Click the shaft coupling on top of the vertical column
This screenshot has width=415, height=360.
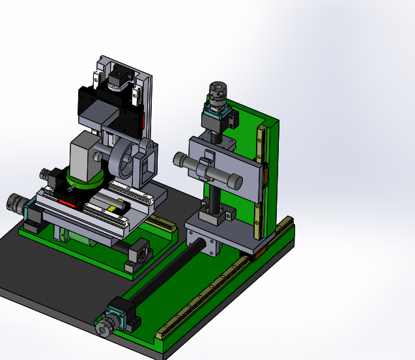[216, 95]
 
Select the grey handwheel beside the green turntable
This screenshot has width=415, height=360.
[49, 176]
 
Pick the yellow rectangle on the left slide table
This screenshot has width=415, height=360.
[115, 208]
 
